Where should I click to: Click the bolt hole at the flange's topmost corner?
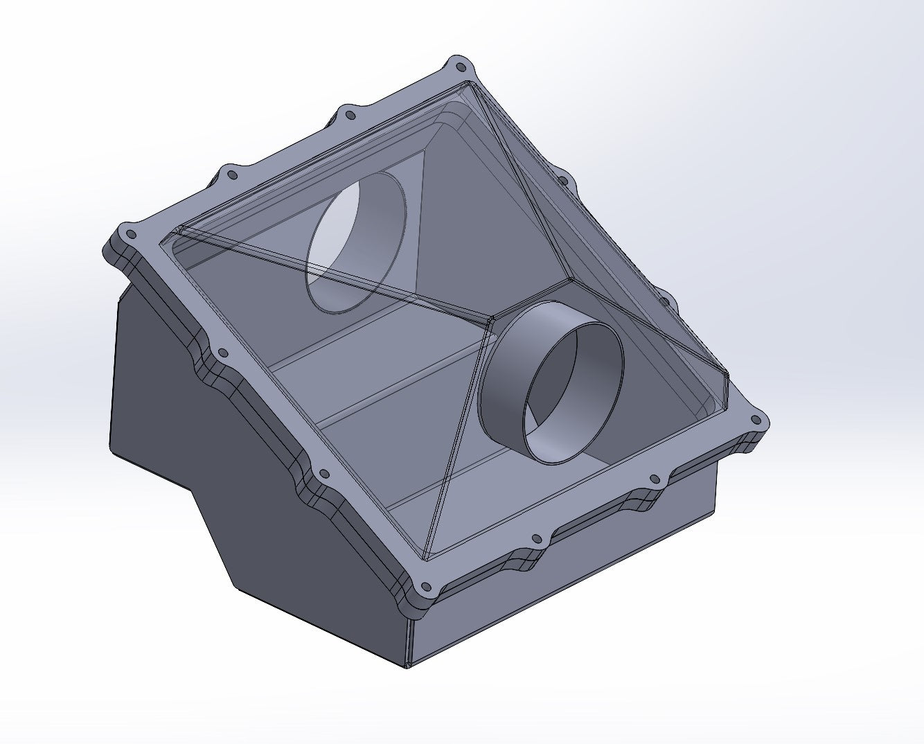459,67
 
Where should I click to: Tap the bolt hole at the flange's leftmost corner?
128,233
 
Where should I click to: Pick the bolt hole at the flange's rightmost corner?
756,420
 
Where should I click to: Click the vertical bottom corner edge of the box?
408,644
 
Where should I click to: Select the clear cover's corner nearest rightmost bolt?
727,376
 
